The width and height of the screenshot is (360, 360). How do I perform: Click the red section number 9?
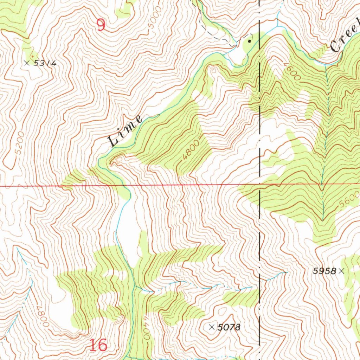coord(101,25)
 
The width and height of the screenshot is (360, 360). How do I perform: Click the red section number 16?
coord(98,345)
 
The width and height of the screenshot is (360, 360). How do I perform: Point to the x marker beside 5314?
coord(27,63)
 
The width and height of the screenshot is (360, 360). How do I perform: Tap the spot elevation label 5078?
coord(229,327)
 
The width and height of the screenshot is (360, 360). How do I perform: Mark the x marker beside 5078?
coord(212,327)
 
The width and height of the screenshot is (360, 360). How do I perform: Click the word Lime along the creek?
coord(125,131)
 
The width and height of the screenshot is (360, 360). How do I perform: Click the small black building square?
coord(250,41)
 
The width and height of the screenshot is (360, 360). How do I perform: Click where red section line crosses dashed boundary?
coord(259,184)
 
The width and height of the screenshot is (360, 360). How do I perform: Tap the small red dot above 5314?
coord(33,56)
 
